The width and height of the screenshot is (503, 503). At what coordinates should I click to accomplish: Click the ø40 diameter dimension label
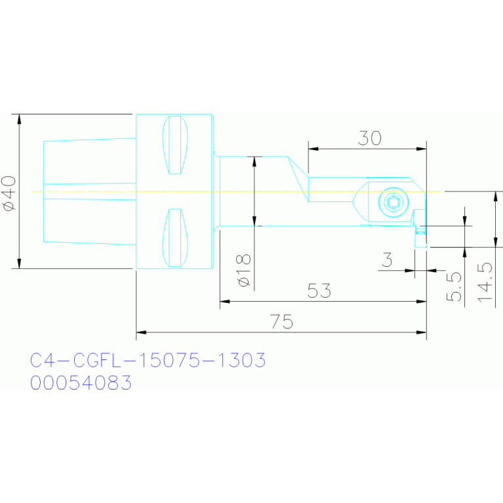[9, 193]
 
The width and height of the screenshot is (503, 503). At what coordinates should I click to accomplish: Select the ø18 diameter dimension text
[243, 270]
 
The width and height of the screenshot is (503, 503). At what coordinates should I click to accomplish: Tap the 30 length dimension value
[370, 138]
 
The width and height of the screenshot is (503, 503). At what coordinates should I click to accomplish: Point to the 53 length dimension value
[319, 291]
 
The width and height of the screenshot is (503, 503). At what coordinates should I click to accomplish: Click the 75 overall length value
[281, 321]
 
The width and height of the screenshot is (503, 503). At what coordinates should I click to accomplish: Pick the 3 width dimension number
[387, 260]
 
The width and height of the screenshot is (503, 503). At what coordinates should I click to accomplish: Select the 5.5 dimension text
[454, 287]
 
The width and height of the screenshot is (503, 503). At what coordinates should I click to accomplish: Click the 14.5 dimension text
[485, 282]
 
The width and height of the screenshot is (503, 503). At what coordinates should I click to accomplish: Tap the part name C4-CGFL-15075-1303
[148, 360]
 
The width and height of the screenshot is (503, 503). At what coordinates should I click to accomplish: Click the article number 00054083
[81, 382]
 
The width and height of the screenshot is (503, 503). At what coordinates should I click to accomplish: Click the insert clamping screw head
[393, 202]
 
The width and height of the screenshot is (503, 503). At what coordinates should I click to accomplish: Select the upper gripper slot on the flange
[175, 145]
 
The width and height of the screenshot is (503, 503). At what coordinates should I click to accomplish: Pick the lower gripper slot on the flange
[175, 237]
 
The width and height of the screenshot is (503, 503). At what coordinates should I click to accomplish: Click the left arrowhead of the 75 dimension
[141, 332]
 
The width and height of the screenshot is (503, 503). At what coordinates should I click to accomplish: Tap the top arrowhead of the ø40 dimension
[19, 119]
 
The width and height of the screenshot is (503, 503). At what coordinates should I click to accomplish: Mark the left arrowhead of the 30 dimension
[313, 149]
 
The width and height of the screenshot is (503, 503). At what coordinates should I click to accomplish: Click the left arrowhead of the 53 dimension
[225, 302]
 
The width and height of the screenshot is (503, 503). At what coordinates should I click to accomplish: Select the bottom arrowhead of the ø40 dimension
[19, 264]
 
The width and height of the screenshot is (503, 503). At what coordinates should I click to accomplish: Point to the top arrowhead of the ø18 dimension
[254, 162]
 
